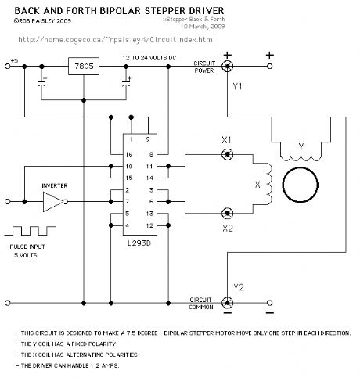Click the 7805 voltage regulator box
click(84, 66)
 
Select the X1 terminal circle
click(227, 154)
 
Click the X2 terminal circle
click(227, 213)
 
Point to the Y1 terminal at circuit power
click(227, 66)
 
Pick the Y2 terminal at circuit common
click(227, 303)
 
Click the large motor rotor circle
click(301, 185)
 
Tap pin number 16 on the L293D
click(129, 154)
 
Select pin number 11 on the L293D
click(149, 167)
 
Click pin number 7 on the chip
click(128, 202)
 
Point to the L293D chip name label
click(139, 243)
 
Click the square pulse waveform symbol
click(30, 231)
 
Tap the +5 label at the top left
click(14, 61)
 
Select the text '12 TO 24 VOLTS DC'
click(149, 58)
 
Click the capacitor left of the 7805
click(41, 84)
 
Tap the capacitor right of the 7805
click(127, 84)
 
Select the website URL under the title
click(117, 40)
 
